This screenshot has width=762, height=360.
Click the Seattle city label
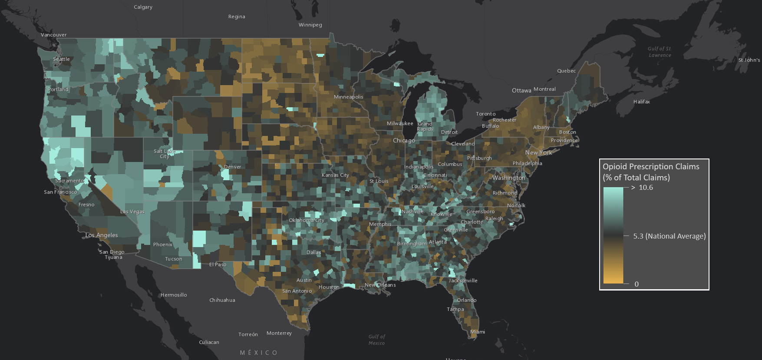pos(61,59)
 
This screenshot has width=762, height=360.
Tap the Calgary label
pos(143,7)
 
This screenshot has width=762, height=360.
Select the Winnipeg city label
pos(310,25)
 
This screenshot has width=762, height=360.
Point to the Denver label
pos(232,167)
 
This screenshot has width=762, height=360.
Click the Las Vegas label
pos(132,211)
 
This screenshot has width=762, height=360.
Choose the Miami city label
pos(478,332)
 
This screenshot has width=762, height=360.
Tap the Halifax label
pos(641,102)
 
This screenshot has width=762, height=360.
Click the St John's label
pos(749,60)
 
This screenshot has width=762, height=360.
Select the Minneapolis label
pos(348,97)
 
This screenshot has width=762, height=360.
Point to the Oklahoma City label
pos(307,220)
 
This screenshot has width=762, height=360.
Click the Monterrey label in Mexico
pos(279,333)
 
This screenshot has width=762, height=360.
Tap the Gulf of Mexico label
pos(376,340)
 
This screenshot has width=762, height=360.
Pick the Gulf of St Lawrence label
pos(660,52)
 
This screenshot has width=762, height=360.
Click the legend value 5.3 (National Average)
pos(669,236)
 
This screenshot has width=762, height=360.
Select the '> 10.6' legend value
pos(642,188)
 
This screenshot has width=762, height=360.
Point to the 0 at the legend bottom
pos(637,284)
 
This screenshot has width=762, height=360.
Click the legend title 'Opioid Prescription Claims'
pos(651,167)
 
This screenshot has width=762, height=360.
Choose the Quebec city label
pos(566,71)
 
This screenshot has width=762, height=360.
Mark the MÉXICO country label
pos(259,353)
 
